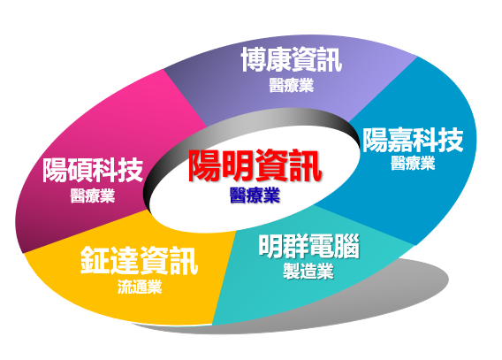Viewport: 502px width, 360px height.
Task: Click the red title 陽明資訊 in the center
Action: (x=255, y=165)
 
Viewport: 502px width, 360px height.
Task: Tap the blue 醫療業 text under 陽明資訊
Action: (x=255, y=195)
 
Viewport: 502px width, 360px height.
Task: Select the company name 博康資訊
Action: (x=292, y=59)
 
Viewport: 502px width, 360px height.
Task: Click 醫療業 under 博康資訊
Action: (x=291, y=85)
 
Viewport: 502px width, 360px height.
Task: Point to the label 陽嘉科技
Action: (x=413, y=140)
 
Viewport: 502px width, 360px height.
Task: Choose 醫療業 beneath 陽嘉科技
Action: (x=413, y=163)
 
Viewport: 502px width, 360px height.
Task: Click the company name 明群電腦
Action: (x=308, y=246)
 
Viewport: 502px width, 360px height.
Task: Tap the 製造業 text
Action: (x=308, y=271)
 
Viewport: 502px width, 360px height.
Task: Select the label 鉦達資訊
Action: (x=140, y=260)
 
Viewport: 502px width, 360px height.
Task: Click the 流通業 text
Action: (x=140, y=287)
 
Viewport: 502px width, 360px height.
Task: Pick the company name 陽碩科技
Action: (x=93, y=170)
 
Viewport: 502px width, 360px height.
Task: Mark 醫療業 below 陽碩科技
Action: (x=93, y=195)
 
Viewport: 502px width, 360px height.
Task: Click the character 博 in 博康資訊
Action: (x=254, y=59)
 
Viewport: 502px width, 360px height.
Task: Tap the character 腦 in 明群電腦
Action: (x=347, y=246)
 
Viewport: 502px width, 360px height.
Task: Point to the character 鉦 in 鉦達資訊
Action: (x=95, y=260)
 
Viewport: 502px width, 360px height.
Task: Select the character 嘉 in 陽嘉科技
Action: (x=400, y=140)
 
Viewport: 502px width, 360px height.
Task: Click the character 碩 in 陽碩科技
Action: (x=80, y=170)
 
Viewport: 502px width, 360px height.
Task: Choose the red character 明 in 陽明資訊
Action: (x=239, y=165)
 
